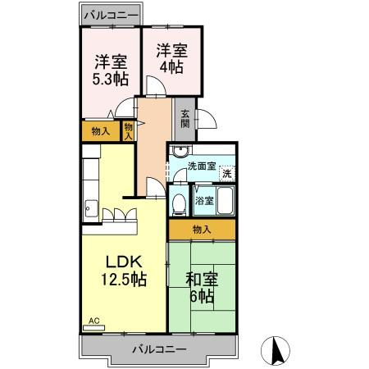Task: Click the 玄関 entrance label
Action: point(184,119)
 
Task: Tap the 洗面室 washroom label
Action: point(201,166)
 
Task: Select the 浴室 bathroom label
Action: point(203,200)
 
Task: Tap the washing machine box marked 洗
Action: point(227,173)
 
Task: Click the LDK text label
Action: point(123,262)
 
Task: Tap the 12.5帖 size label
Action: point(123,280)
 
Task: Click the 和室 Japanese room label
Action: point(200,277)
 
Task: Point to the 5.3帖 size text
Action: point(109,79)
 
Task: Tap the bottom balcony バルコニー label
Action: point(159,348)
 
